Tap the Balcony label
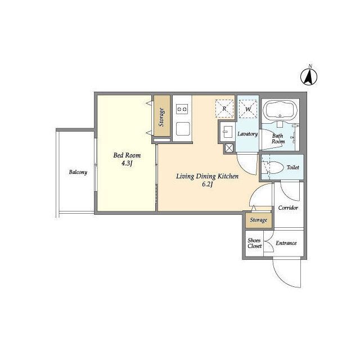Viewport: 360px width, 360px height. pos(78,172)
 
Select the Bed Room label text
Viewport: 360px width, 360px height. pos(127,155)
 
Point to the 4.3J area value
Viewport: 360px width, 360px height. pos(127,163)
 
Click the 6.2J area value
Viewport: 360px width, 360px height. pos(208,184)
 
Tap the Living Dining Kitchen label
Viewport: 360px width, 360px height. pos(208,176)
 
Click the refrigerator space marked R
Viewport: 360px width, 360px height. pos(224,109)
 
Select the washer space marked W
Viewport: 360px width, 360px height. pos(248,109)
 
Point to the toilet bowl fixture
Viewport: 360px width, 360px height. pos(273,168)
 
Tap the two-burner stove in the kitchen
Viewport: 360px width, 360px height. pos(182,109)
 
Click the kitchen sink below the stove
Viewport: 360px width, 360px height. pos(183,129)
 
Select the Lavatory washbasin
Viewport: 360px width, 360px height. pos(227,132)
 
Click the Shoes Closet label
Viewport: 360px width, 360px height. pos(255,243)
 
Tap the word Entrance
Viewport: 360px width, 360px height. pos(286,243)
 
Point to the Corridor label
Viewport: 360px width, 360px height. pos(288,208)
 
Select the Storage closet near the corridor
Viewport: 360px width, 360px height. pos(259,220)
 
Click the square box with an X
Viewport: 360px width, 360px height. pos(229,148)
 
